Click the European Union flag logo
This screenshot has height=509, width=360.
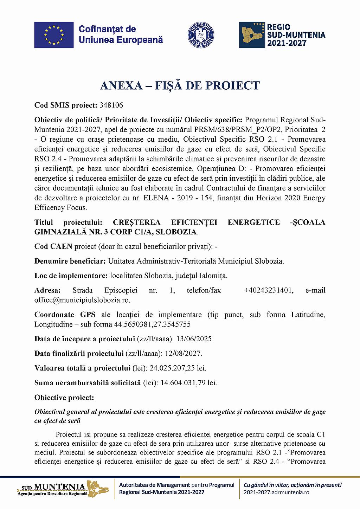pos(54,35)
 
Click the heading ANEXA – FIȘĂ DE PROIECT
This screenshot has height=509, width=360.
pos(180,85)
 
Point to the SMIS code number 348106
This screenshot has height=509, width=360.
pos(111,105)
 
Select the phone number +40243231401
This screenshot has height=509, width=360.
pos(269,290)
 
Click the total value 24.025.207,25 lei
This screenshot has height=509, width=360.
pos(178,368)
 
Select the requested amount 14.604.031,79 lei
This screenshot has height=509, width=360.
pos(189,382)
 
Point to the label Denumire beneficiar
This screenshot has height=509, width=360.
pos(70,261)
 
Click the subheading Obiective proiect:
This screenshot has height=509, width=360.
pos(64,397)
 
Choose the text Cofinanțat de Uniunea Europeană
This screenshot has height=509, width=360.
pos(121,34)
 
